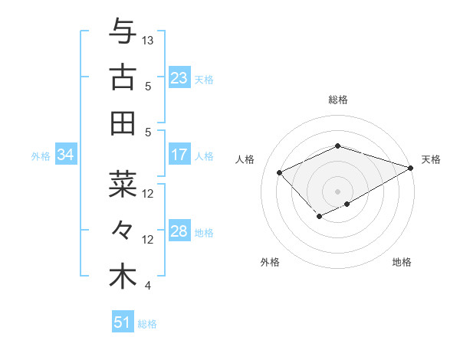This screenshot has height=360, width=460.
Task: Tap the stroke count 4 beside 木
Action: click(x=147, y=286)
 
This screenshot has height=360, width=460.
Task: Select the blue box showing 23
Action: click(x=179, y=78)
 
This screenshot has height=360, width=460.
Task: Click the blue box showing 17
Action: click(x=179, y=155)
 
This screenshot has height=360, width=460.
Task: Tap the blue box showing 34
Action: click(x=66, y=155)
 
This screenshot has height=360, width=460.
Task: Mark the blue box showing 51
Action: click(x=123, y=322)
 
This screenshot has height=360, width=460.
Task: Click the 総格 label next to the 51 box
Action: click(x=147, y=324)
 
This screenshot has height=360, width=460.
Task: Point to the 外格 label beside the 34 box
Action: click(x=41, y=156)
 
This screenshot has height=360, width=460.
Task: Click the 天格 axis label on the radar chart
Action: click(x=431, y=159)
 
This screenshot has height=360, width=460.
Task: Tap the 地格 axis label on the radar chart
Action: click(x=402, y=262)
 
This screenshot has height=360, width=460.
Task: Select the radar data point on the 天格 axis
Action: click(x=412, y=166)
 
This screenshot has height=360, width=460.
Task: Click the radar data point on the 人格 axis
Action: click(x=280, y=172)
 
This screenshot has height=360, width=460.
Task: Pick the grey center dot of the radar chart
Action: click(x=337, y=191)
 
